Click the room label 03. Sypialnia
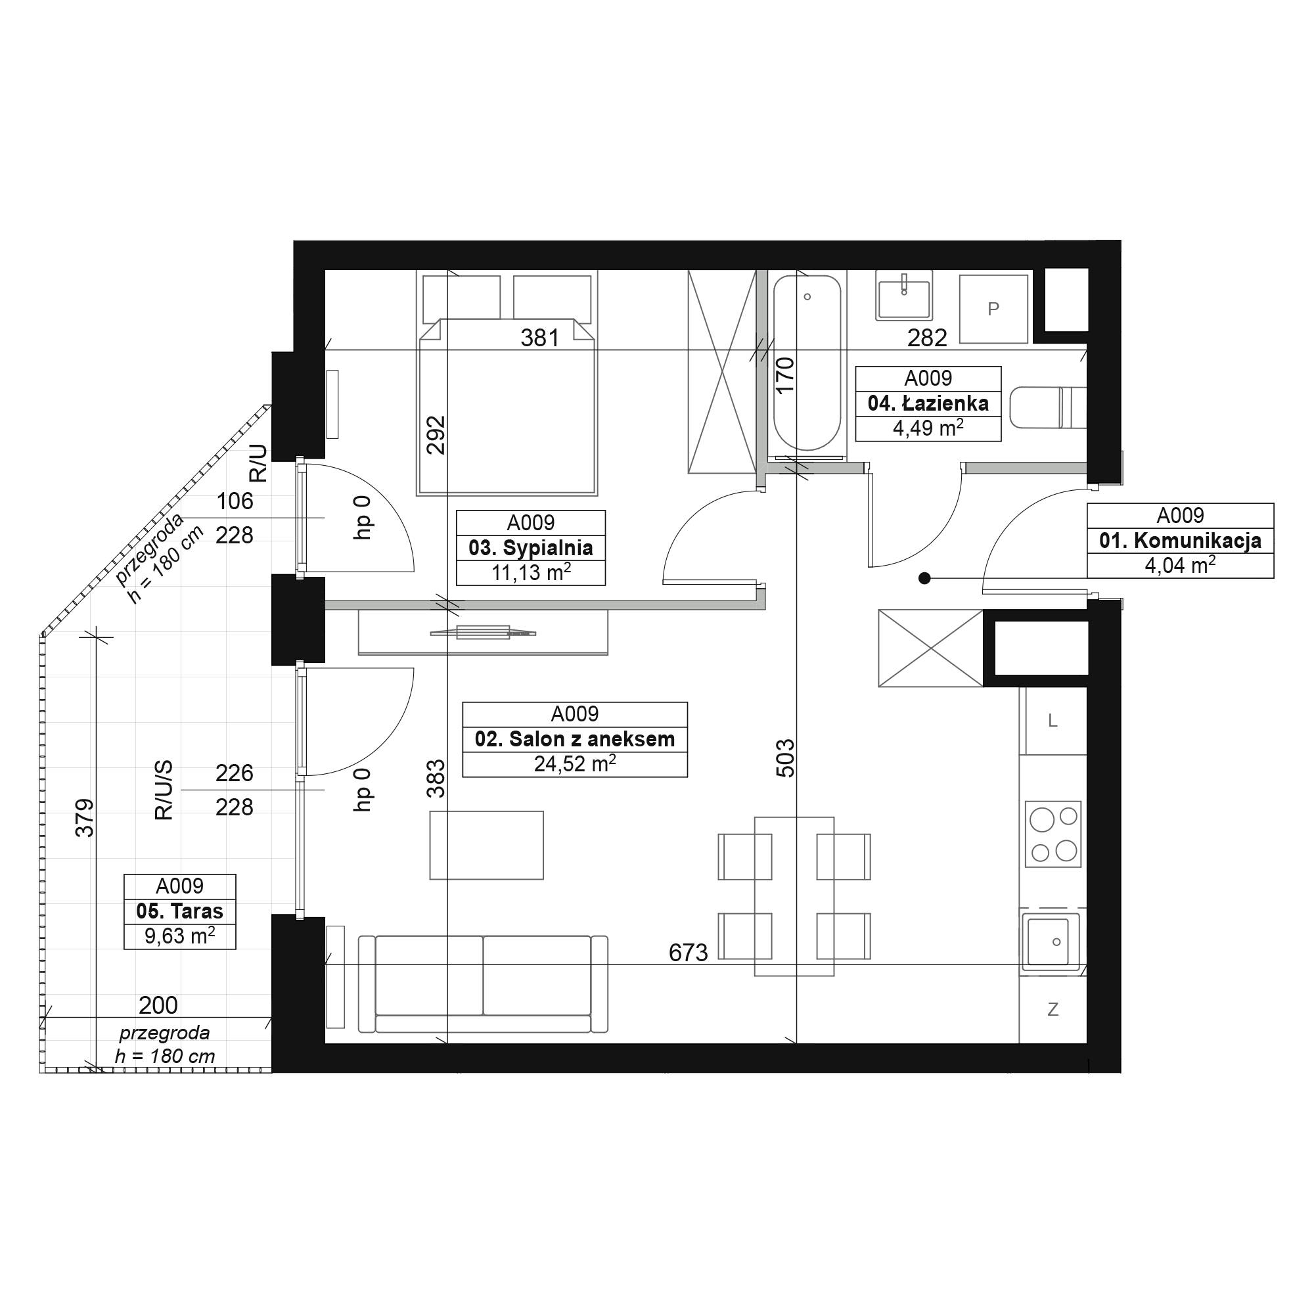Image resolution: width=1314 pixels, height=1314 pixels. [x=530, y=547]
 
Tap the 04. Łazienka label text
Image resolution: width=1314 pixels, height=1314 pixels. [x=928, y=403]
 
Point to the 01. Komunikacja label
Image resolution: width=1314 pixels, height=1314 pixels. [x=1180, y=541]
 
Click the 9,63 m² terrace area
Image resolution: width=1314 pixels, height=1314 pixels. [x=179, y=936]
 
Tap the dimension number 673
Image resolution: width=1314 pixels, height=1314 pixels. [x=689, y=953]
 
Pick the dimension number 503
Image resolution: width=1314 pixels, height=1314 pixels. [x=785, y=758]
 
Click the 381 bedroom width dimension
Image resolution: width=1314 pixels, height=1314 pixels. [x=540, y=337]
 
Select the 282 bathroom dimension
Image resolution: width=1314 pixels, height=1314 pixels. [x=927, y=337]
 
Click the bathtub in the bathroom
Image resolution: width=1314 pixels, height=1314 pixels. [x=807, y=363]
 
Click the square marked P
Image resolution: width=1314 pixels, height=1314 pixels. [x=993, y=309]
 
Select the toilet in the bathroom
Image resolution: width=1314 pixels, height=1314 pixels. [x=1048, y=407]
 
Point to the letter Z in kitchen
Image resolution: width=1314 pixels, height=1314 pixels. [x=1053, y=1009]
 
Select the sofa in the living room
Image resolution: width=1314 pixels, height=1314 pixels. [x=483, y=984]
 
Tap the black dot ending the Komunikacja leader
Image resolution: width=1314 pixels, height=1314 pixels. [x=924, y=578]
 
